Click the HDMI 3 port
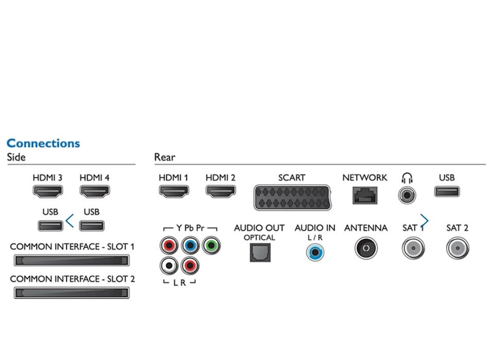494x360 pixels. click(48, 191)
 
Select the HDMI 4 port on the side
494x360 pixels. click(94, 191)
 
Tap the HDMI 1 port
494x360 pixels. click(173, 191)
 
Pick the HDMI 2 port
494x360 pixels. click(220, 191)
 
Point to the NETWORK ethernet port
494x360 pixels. click(364, 195)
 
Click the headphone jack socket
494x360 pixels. click(408, 195)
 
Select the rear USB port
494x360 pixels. click(447, 191)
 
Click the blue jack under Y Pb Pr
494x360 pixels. click(190, 245)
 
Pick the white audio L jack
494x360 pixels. click(169, 265)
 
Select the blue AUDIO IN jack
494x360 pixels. click(315, 252)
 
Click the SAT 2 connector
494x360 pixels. click(456, 248)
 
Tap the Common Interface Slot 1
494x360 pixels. click(71, 260)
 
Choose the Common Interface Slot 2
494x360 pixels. click(71, 293)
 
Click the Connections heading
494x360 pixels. click(43, 143)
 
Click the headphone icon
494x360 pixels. click(408, 178)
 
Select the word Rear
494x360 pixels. click(165, 157)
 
